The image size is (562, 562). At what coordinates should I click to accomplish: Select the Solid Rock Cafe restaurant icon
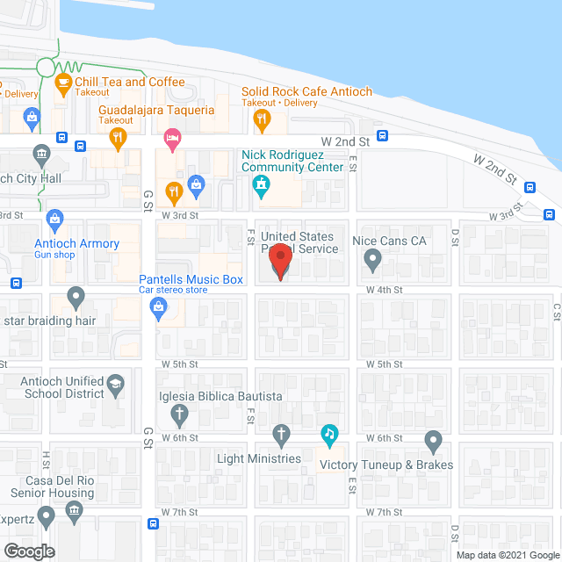261,117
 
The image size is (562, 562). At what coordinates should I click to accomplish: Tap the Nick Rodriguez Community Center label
293,161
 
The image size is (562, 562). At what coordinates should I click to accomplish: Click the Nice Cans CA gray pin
372,259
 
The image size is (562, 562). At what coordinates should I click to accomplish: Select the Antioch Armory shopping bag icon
54,219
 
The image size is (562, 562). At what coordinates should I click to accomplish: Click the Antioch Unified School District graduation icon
115,384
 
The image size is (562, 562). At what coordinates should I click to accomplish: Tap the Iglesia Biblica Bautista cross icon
179,414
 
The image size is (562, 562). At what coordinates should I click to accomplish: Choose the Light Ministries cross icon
281,433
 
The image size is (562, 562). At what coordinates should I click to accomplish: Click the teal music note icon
329,433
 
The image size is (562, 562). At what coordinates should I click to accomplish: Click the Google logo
28,551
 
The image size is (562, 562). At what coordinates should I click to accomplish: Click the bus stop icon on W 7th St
154,524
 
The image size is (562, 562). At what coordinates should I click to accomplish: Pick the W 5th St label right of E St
384,364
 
